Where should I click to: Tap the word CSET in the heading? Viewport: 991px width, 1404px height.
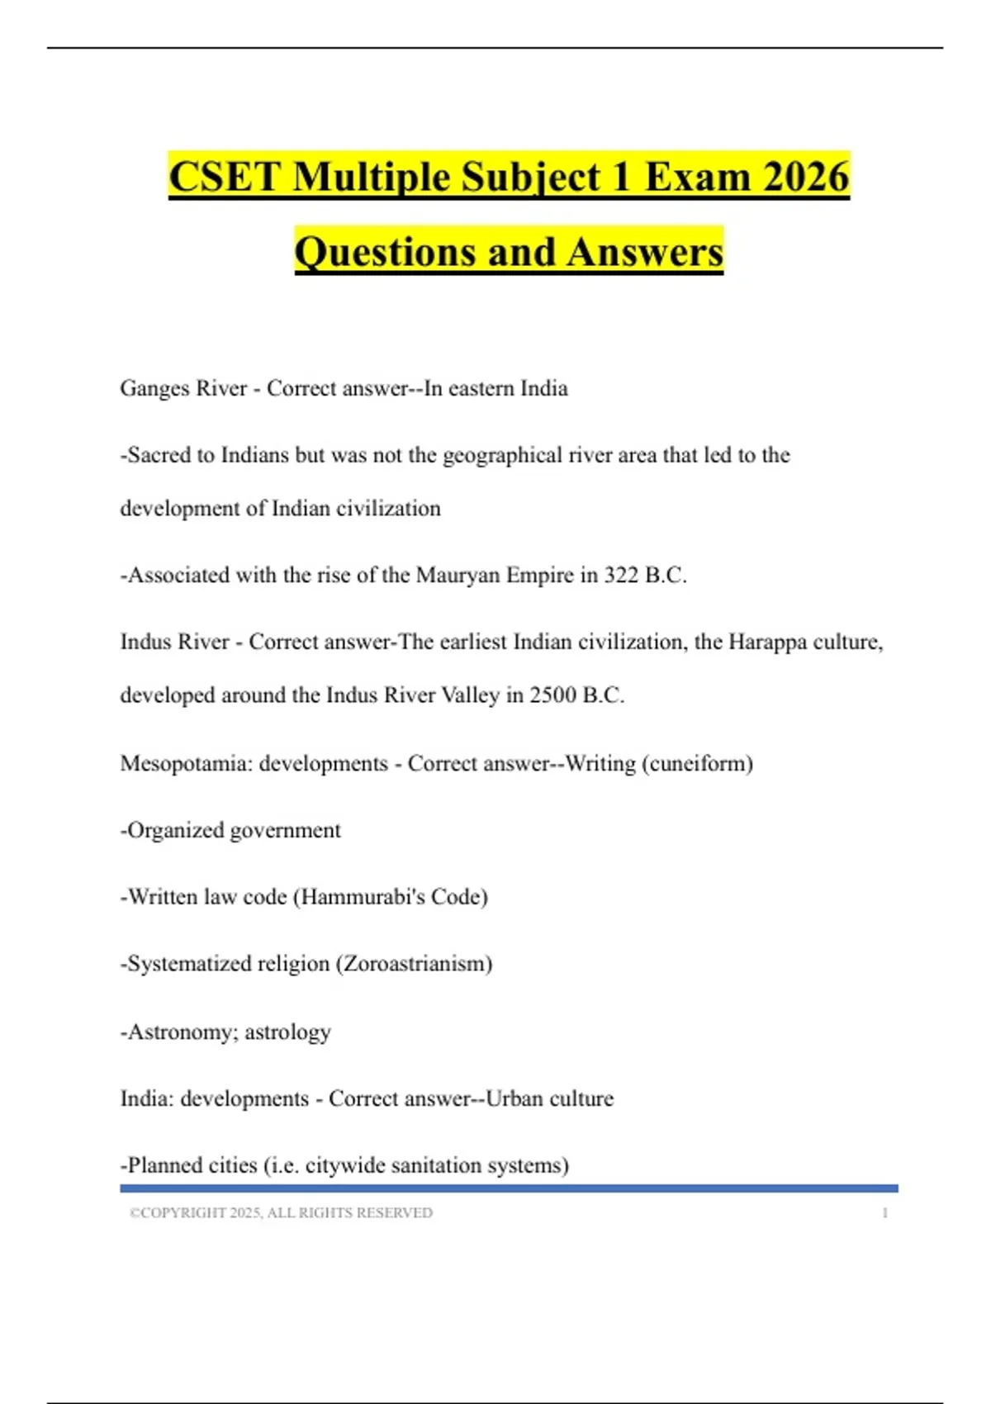coord(225,177)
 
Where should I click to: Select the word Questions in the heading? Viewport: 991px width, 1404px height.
coord(385,252)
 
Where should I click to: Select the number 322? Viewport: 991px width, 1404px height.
coord(621,575)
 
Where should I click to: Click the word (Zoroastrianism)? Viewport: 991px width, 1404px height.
coord(414,964)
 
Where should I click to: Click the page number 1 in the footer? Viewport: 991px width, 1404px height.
coord(885,1212)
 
